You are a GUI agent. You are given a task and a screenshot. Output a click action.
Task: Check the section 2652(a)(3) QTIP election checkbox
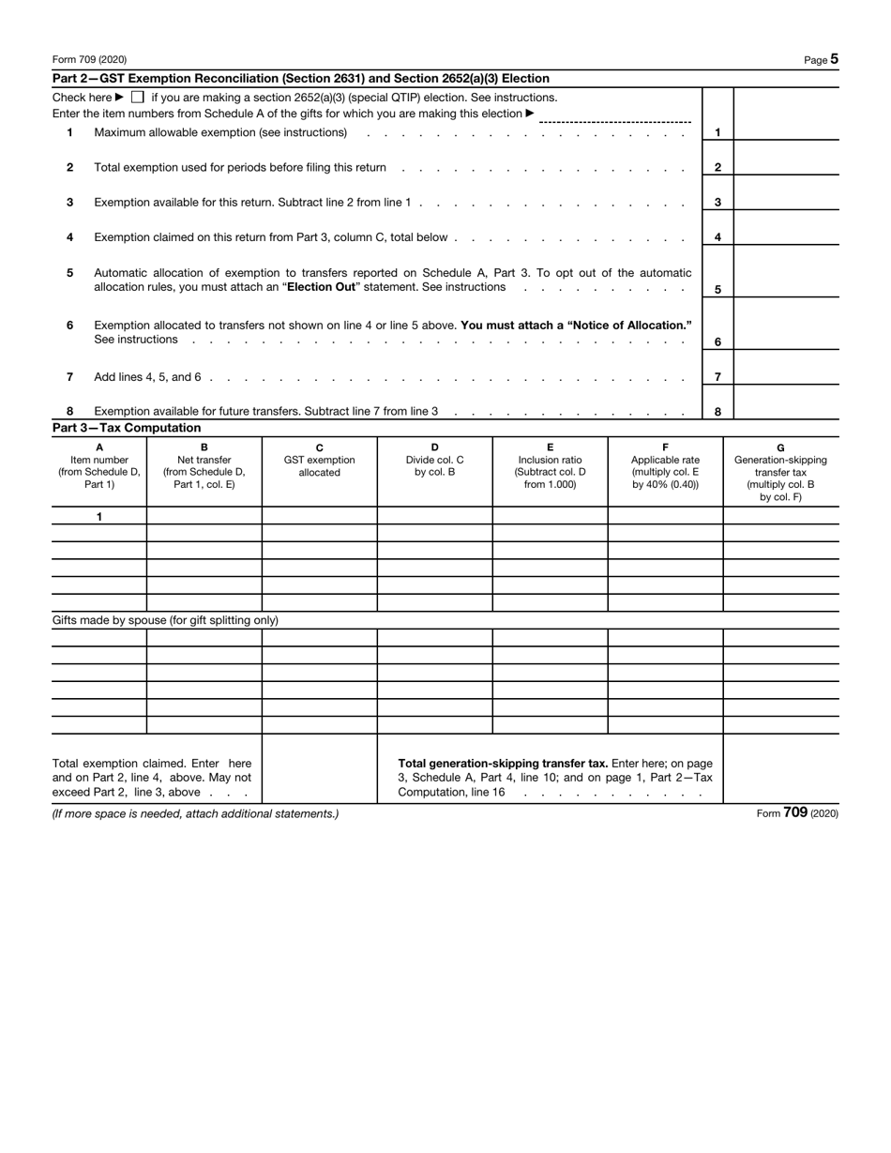[x=137, y=98]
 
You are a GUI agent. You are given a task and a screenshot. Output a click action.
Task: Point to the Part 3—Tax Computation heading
[x=127, y=428]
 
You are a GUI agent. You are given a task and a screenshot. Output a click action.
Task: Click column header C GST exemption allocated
[x=319, y=460]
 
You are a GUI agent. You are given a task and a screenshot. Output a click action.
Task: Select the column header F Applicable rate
[x=665, y=465]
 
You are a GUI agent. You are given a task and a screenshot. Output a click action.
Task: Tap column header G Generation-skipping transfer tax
[x=780, y=472]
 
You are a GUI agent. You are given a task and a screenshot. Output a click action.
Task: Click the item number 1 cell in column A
[x=99, y=517]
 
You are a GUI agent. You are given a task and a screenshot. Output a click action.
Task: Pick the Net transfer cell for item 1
[x=204, y=517]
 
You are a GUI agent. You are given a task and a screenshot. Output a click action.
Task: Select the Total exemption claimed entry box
[x=319, y=769]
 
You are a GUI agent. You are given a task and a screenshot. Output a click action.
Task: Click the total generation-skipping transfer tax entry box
[x=780, y=769]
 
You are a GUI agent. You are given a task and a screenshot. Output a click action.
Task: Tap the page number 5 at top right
[x=834, y=59]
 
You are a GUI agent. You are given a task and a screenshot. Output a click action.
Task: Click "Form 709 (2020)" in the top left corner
[x=89, y=60]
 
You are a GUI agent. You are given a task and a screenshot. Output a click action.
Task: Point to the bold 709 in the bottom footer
[x=795, y=813]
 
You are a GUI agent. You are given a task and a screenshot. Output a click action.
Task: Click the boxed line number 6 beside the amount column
[x=717, y=342]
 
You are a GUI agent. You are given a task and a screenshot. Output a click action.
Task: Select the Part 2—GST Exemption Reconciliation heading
[x=300, y=79]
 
